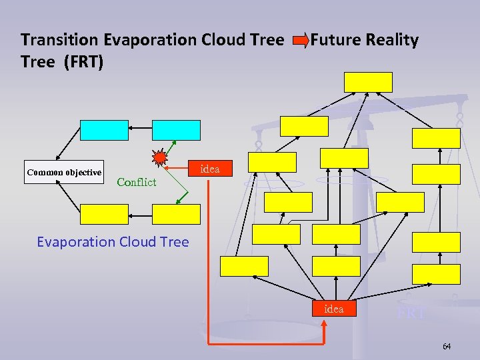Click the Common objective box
click(x=64, y=172)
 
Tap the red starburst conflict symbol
click(x=160, y=159)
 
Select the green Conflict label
click(x=136, y=182)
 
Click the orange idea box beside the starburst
click(x=210, y=169)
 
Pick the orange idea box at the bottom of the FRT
click(x=333, y=309)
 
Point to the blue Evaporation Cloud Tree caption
click(x=113, y=242)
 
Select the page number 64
click(x=446, y=347)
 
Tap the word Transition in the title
click(x=60, y=40)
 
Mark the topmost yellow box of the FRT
click(x=368, y=82)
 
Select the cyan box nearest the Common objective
click(x=104, y=130)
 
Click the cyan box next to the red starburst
click(x=176, y=130)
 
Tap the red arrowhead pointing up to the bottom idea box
click(x=324, y=325)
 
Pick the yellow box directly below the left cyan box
click(x=104, y=214)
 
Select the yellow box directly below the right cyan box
click(x=176, y=214)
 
